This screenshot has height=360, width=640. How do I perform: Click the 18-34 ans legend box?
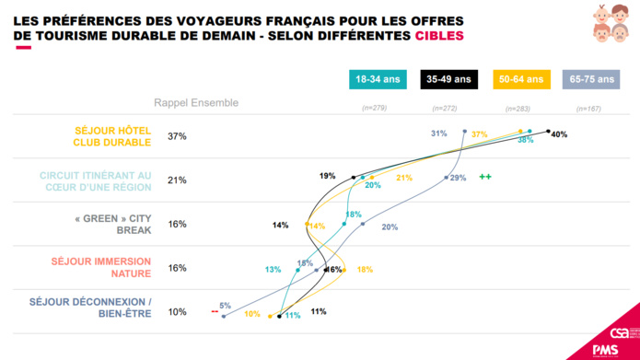pyautogui.click(x=379, y=80)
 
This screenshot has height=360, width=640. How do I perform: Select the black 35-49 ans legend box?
pyautogui.click(x=449, y=80)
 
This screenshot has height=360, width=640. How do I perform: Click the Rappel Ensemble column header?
pyautogui.click(x=195, y=103)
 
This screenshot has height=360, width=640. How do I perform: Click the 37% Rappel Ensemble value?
pyautogui.click(x=177, y=136)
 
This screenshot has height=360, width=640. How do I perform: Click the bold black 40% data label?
pyautogui.click(x=558, y=134)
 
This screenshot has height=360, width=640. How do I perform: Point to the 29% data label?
pyautogui.click(x=458, y=177)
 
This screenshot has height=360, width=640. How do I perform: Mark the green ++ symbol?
pyautogui.click(x=484, y=177)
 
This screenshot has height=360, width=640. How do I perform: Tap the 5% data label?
pyautogui.click(x=224, y=305)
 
